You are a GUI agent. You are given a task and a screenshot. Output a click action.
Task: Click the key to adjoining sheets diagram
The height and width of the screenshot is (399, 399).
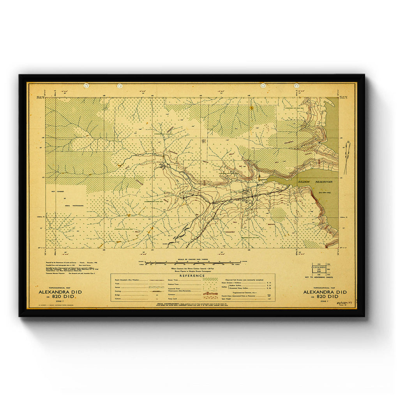322,270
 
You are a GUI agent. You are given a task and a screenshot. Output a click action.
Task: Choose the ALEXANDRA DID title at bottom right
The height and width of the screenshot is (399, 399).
324,292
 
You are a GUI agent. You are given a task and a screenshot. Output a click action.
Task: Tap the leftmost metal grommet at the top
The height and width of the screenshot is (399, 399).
86,85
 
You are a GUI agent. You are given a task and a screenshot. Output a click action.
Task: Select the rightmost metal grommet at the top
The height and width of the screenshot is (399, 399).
296,85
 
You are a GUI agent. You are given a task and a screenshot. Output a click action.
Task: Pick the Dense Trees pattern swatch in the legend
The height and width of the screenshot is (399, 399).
211,279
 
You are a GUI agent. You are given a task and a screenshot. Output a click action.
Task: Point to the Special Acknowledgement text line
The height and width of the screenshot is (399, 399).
193,304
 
